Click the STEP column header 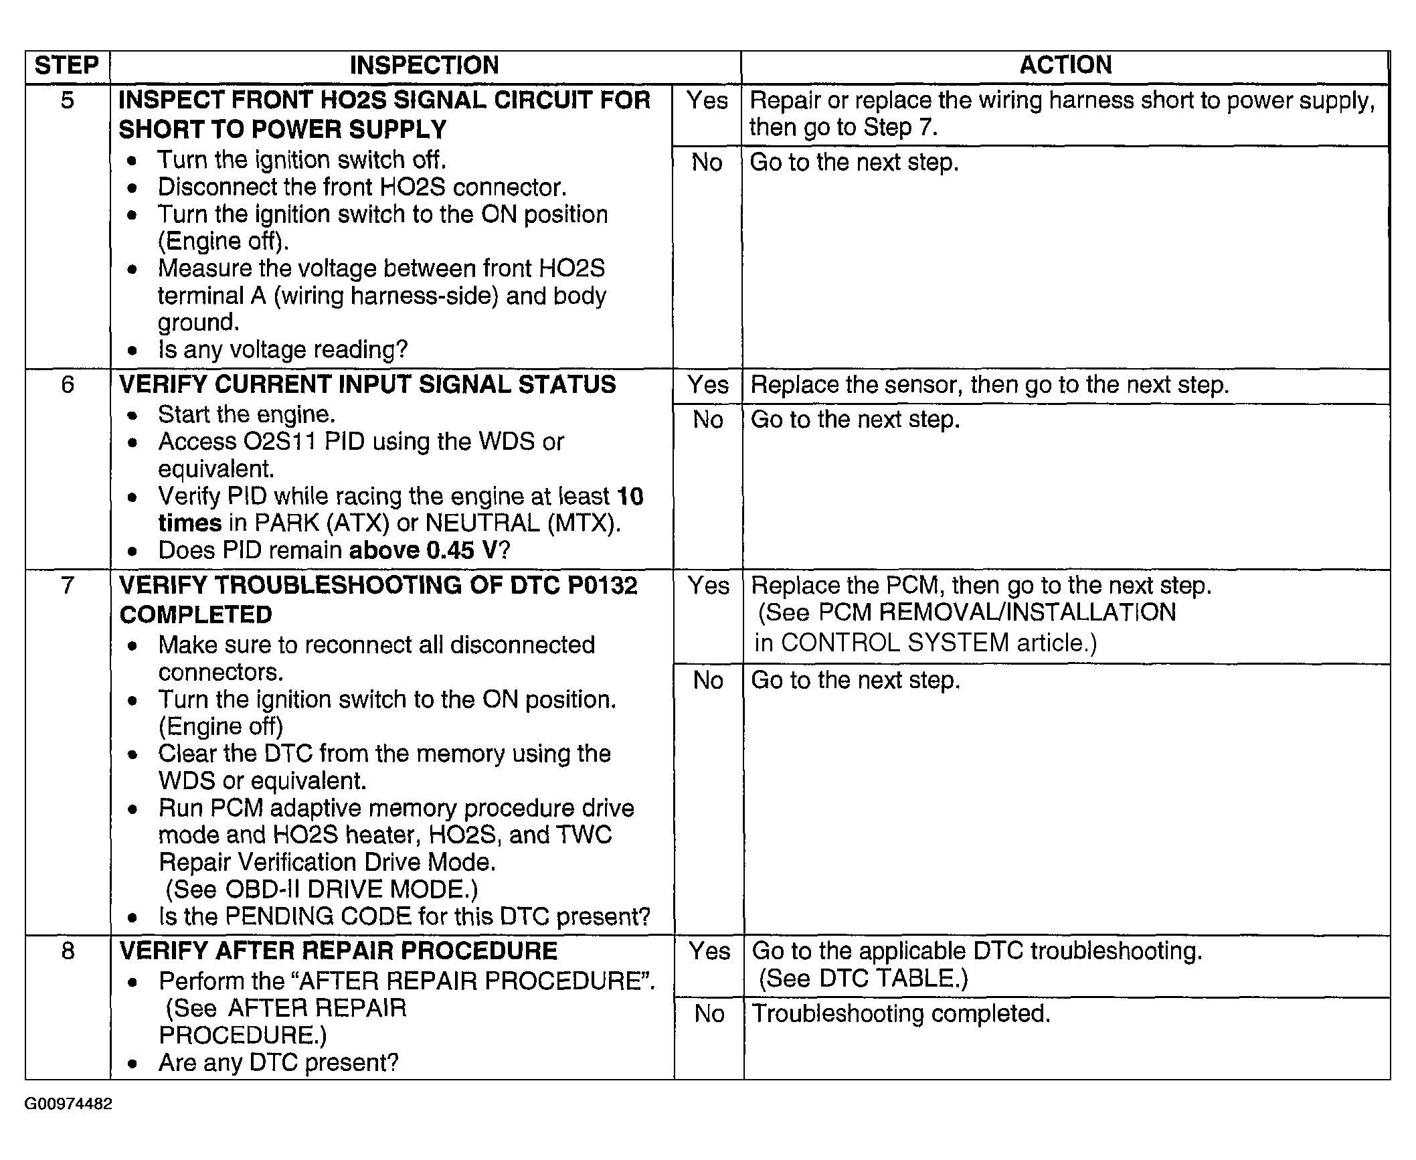coord(67,66)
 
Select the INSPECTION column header coord(424,66)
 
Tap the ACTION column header coord(1065,65)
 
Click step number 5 coord(68,100)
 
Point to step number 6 coord(68,385)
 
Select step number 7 coord(68,586)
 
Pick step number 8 coord(68,951)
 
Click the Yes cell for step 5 coord(707,100)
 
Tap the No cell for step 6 coord(708,420)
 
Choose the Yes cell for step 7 coord(709,586)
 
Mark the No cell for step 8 coord(709,1013)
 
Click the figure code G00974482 coord(68,1104)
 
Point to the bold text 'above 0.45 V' coord(423,550)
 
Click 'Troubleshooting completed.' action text coord(901,1013)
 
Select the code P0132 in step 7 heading coord(602,586)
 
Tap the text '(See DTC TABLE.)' coord(863,979)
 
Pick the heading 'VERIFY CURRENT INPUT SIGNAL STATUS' coord(367,385)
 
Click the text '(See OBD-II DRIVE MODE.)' coord(322,889)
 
